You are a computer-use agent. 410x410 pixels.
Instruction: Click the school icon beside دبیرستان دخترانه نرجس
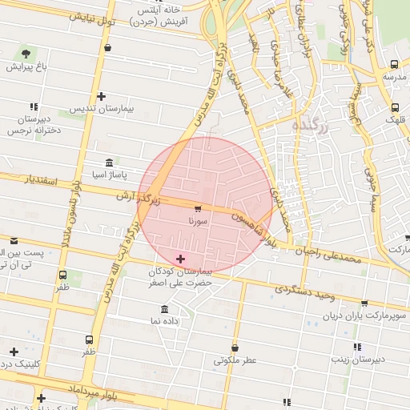coord(34,106)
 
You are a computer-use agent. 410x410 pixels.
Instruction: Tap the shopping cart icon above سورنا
coord(198,208)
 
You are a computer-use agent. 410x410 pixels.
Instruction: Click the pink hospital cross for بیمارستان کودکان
coord(180,259)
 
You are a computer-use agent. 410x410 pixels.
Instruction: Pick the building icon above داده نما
coord(164,310)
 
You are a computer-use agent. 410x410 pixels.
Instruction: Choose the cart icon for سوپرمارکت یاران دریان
coord(365,303)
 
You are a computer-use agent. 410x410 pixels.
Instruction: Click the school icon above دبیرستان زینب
coord(357,347)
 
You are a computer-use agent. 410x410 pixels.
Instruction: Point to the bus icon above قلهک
coord(395,107)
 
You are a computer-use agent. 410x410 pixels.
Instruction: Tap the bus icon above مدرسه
coord(393,65)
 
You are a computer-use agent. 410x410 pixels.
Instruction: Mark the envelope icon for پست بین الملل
coord(14,240)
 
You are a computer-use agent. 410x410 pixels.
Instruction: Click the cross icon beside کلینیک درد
coord(14,352)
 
